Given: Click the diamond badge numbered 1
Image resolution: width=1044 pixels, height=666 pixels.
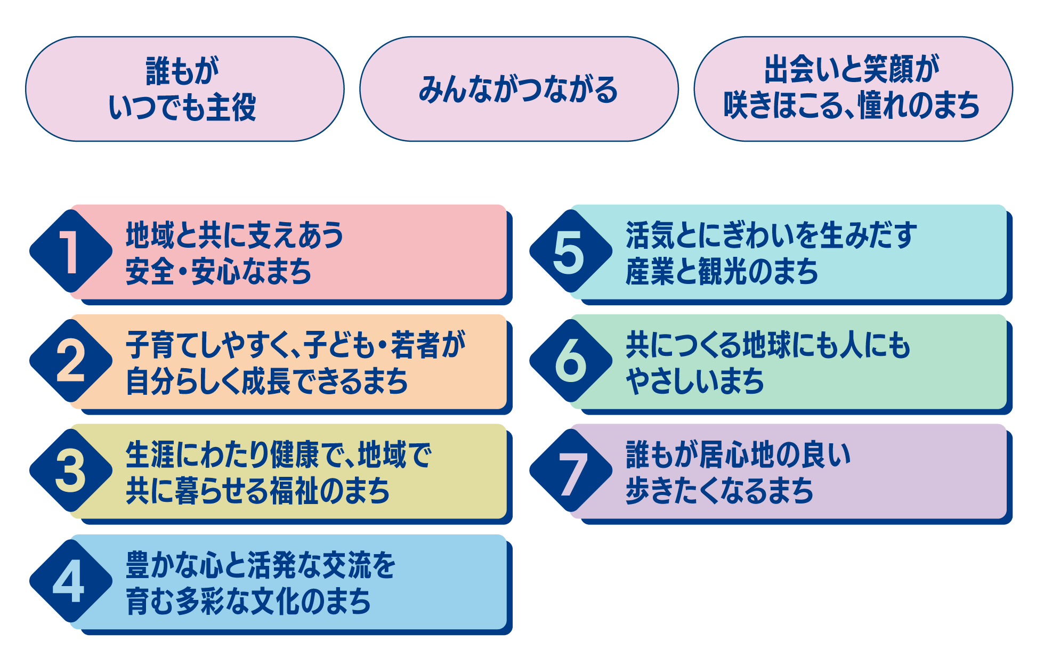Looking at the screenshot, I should pos(70,251).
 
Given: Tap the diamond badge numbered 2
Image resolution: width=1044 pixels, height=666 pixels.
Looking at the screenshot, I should pos(70,361).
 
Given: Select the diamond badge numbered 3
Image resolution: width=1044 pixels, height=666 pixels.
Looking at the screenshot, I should pos(70,471).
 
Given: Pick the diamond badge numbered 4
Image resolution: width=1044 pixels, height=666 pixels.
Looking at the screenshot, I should pos(70,581).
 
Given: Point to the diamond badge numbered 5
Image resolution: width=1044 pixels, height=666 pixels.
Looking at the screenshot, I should pos(570,251).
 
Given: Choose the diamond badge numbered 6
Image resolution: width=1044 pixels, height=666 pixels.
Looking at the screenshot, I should pos(570,361).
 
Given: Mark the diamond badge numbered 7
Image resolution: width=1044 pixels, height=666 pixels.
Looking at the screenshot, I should pos(570,471).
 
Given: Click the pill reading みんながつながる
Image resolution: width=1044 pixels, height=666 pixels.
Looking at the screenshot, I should pos(519,89).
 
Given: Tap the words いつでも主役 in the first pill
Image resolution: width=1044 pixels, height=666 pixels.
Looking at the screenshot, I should pos(183,107).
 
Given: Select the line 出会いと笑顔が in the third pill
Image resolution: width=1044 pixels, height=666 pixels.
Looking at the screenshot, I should pos(852,70).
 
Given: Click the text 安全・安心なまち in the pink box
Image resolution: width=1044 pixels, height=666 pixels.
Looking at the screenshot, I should pos(218,271).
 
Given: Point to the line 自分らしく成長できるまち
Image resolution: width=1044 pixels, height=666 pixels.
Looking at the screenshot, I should pos(267,381).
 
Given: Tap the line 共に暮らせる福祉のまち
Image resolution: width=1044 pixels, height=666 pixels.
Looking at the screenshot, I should pos(258,491).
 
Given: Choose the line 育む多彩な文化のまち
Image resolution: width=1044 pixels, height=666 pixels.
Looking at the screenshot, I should pos(248,602).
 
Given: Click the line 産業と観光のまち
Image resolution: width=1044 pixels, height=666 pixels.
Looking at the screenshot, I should pos(722,271).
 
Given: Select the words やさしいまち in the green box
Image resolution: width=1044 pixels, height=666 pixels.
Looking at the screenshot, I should pos(695,381).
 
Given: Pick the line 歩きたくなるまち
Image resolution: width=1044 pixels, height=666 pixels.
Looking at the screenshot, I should pos(719,491).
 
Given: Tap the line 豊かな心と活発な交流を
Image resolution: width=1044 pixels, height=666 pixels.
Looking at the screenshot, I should pos(261,565).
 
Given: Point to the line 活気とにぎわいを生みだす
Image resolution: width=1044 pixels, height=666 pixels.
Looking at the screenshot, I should pos(771,235).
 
